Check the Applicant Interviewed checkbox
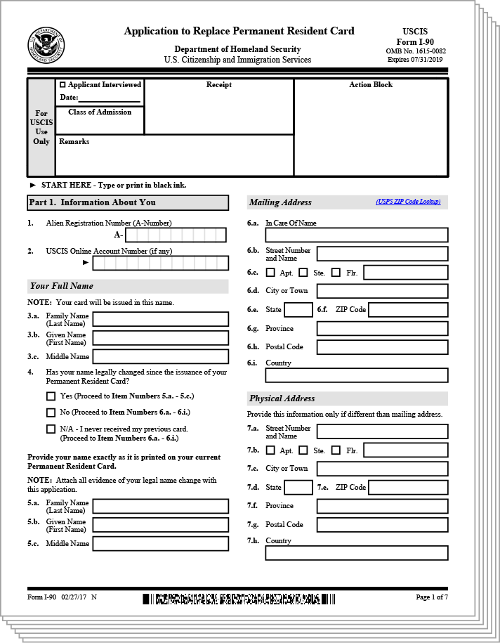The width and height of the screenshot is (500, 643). click(x=63, y=85)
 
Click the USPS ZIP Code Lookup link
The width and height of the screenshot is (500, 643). click(x=408, y=202)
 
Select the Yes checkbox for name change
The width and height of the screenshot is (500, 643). click(x=51, y=396)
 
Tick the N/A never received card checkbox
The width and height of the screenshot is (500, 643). click(x=51, y=429)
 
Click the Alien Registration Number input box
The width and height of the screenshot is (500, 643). click(x=176, y=235)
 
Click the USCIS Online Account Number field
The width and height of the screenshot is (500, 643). click(x=160, y=263)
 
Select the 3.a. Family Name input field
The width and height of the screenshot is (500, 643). click(x=160, y=319)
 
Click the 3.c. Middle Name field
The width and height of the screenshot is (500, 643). click(x=160, y=356)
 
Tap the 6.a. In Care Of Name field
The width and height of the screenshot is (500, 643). click(x=356, y=235)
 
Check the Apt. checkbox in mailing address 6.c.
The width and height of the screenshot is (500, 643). click(x=270, y=273)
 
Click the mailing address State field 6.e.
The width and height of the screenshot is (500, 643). click(x=298, y=309)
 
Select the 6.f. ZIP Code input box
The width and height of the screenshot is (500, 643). click(x=407, y=309)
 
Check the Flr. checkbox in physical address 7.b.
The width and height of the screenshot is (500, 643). click(x=336, y=450)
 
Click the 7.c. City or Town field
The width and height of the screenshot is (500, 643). click(x=382, y=469)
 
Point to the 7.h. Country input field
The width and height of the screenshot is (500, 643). click(x=356, y=553)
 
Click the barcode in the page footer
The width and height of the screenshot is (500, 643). click(x=239, y=599)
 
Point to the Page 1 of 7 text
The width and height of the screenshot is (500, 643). click(x=431, y=597)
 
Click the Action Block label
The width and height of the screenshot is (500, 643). click(x=371, y=85)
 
